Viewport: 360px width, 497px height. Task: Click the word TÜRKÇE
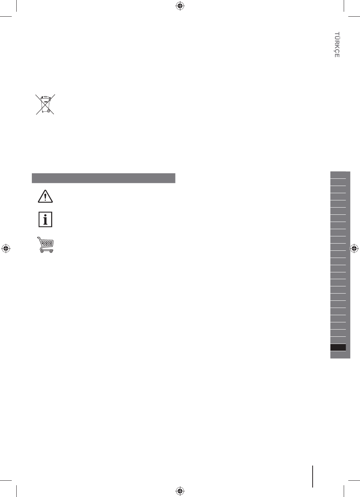click(x=337, y=45)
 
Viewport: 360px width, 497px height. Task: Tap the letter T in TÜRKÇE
click(x=337, y=34)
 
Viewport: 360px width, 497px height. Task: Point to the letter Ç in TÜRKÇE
click(x=337, y=51)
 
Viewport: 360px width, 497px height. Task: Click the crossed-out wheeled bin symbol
click(x=45, y=104)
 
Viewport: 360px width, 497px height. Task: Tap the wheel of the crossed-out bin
click(x=49, y=111)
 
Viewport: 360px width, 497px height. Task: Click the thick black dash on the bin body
click(x=46, y=102)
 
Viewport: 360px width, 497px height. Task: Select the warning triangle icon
click(x=45, y=196)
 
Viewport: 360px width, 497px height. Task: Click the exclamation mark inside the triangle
click(x=45, y=197)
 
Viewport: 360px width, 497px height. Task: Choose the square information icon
click(x=45, y=219)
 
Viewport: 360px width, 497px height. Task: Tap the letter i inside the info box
click(x=45, y=219)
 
